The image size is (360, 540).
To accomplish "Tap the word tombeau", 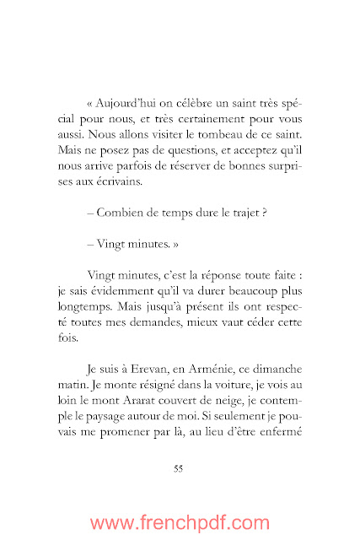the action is pyautogui.click(x=235, y=156).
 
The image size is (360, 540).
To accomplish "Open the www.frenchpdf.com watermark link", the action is pyautogui.click(x=180, y=522).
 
